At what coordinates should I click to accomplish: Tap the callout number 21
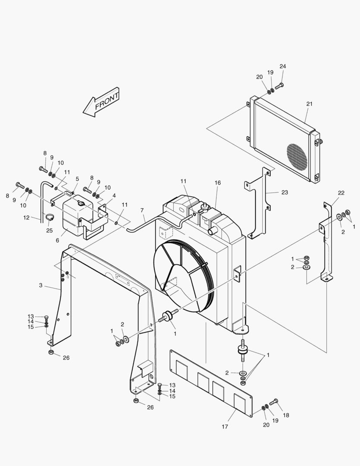coord(309,104)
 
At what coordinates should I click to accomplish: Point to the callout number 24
coord(282,66)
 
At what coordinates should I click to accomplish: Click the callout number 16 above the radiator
coord(218,183)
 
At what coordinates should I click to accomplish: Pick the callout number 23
coord(285,192)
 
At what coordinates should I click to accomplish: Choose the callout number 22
coord(341,193)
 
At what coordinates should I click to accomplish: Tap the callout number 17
coord(225,427)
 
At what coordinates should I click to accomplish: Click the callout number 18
coord(286,415)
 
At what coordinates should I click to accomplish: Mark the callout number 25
coord(50,230)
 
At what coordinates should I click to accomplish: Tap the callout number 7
coord(141,210)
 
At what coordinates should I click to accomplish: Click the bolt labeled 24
coord(279,85)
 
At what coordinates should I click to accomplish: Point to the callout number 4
coord(114,195)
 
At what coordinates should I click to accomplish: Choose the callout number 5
coord(77,179)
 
